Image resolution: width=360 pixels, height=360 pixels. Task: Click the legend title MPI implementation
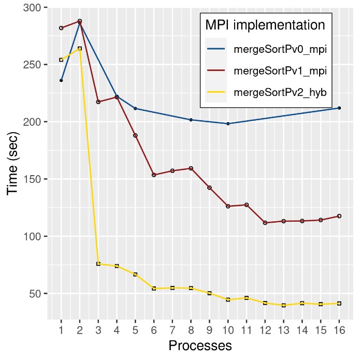pyautogui.click(x=265, y=25)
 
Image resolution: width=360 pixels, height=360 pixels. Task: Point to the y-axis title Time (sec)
pyautogui.click(x=13, y=164)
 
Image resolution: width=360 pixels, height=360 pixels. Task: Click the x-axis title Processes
pyautogui.click(x=199, y=345)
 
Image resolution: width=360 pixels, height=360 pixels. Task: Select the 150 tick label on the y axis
pyautogui.click(x=32, y=179)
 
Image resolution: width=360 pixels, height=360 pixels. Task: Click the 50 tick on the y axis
pyautogui.click(x=34, y=294)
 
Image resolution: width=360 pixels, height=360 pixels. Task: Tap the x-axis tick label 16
pyautogui.click(x=339, y=330)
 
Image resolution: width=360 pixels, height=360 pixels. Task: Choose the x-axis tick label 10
pyautogui.click(x=228, y=330)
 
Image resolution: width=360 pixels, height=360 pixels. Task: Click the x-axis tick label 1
pyautogui.click(x=61, y=330)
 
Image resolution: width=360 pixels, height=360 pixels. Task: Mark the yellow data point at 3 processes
pyautogui.click(x=98, y=264)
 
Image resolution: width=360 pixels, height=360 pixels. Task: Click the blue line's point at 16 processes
pyautogui.click(x=339, y=108)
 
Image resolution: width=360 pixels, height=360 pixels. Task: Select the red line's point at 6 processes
pyautogui.click(x=154, y=175)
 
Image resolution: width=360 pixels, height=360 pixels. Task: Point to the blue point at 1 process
pyautogui.click(x=61, y=80)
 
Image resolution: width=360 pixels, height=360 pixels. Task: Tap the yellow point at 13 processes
pyautogui.click(x=283, y=305)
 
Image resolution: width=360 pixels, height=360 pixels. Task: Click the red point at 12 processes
pyautogui.click(x=265, y=223)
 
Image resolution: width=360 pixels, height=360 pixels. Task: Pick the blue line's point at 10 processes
pyautogui.click(x=228, y=124)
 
